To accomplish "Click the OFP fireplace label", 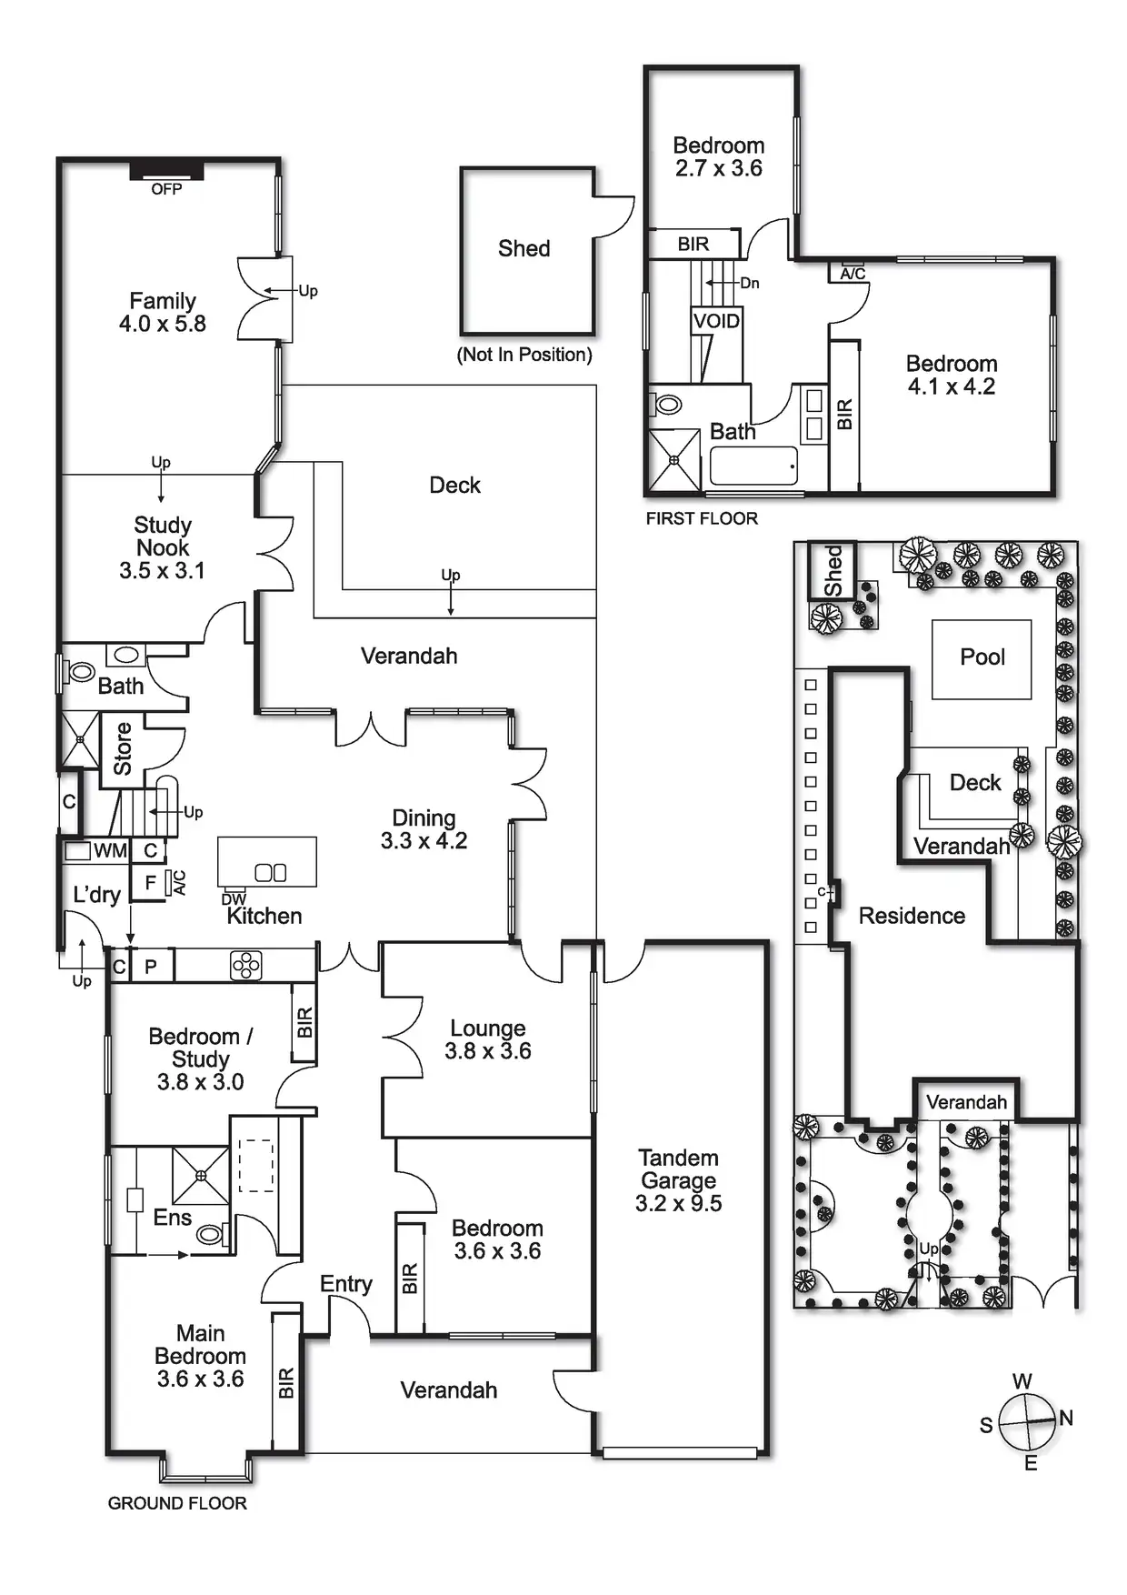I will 166,189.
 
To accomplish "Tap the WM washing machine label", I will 110,851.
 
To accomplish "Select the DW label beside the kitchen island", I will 234,899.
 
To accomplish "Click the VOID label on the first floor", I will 716,321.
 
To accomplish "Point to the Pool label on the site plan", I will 982,657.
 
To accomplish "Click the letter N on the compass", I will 1066,1418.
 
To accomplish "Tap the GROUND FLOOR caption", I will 177,1503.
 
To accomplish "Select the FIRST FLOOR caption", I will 702,518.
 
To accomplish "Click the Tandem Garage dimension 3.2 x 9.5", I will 678,1203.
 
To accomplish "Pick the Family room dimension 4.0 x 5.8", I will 163,324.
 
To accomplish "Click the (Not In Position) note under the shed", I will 524,355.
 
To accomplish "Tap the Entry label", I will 346,1284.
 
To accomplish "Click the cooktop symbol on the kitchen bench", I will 246,966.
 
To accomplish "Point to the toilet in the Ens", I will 210,1234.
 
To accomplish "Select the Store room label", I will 123,748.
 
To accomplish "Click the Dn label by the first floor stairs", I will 749,283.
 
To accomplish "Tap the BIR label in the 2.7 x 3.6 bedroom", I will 693,244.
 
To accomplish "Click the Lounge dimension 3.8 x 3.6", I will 488,1051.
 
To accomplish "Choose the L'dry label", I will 96,895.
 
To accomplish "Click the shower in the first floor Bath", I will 674,460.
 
